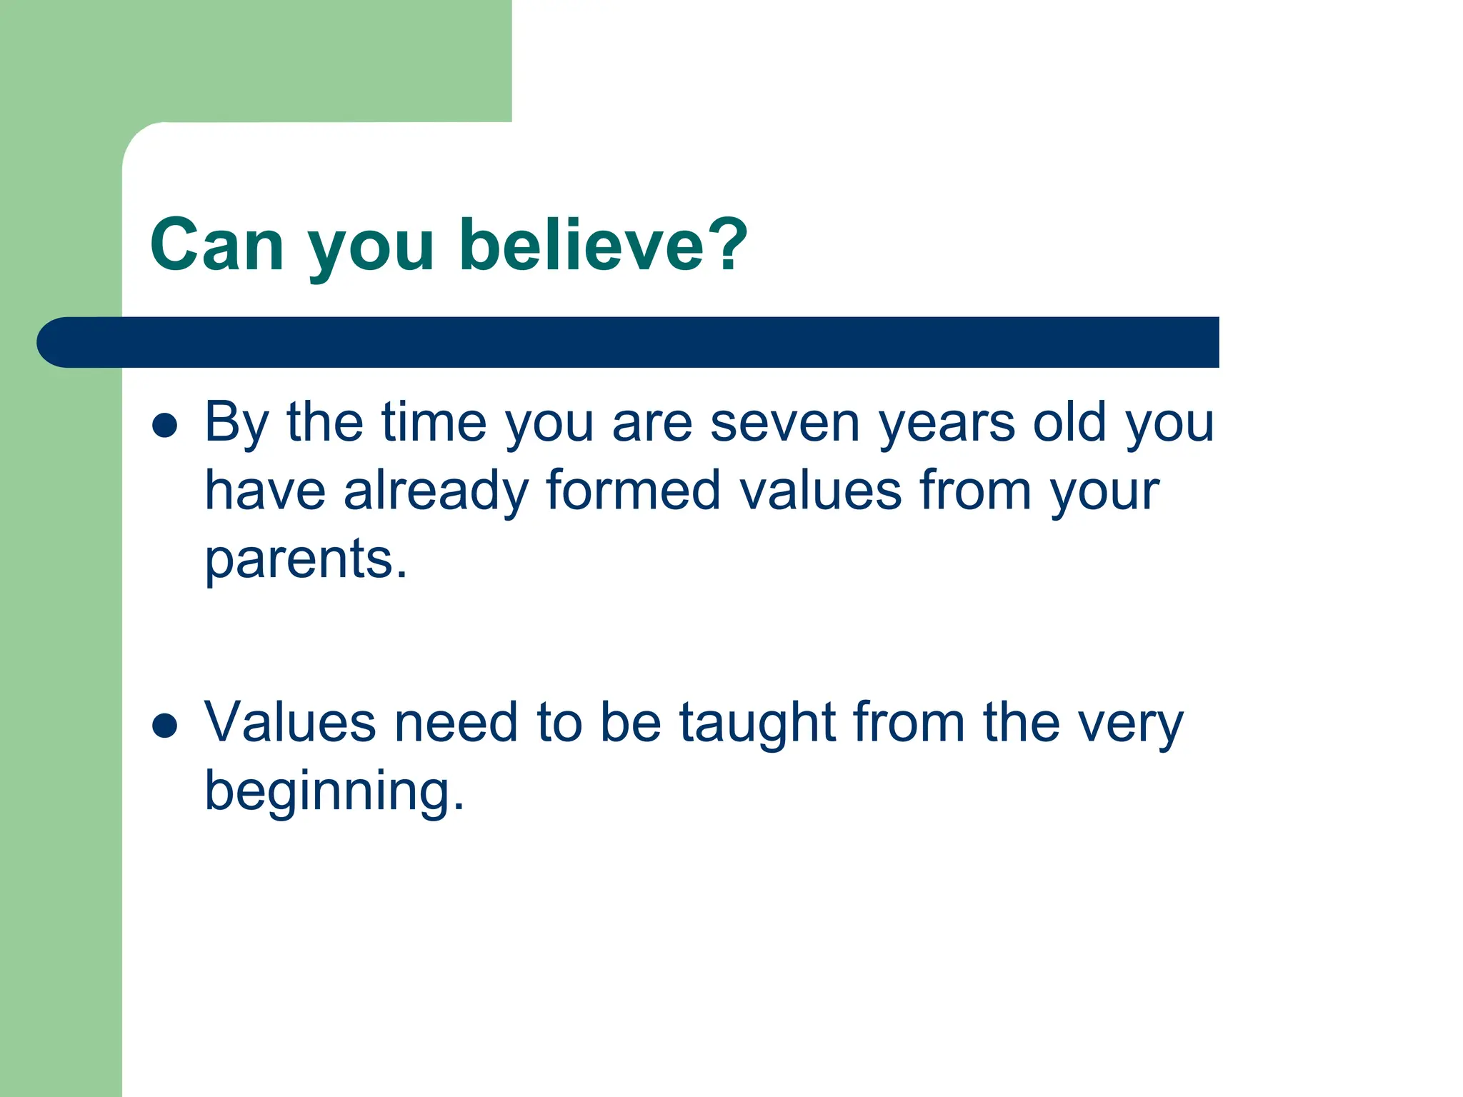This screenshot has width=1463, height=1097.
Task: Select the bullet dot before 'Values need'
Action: point(165,725)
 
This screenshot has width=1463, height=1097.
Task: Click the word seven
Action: point(784,423)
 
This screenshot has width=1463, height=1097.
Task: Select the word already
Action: point(436,492)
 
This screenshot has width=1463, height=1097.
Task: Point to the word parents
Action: point(305,560)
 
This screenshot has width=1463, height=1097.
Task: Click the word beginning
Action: point(334,792)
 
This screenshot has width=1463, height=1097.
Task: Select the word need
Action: point(456,722)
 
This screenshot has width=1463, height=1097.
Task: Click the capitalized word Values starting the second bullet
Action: point(290,722)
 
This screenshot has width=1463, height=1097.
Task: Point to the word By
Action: point(236,423)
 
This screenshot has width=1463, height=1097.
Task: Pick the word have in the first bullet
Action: point(265,491)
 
